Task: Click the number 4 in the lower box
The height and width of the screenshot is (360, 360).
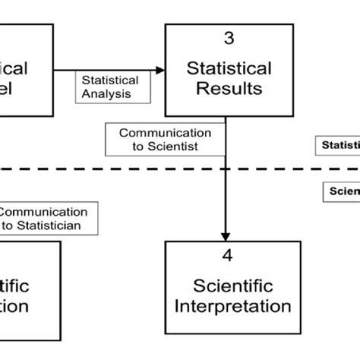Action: (x=226, y=255)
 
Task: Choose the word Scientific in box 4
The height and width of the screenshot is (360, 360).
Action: (x=232, y=286)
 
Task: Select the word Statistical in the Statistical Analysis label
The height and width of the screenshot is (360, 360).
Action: (x=109, y=81)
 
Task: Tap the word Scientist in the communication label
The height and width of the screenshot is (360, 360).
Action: (x=175, y=145)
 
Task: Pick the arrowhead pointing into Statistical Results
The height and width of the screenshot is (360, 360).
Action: (x=159, y=71)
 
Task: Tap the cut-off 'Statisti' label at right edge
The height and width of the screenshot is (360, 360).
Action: (x=339, y=144)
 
